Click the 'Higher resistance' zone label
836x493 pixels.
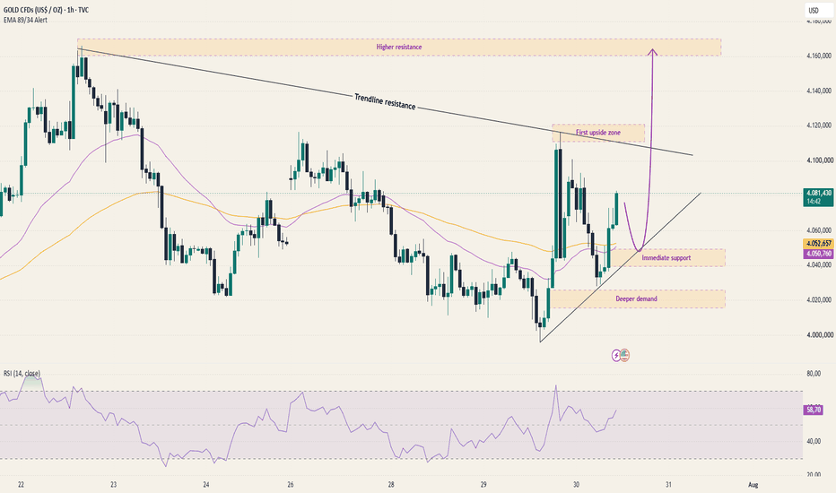tap(399, 47)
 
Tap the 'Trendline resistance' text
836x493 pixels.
tap(385, 101)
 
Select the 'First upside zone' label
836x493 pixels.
tap(597, 132)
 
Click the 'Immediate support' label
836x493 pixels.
tap(666, 258)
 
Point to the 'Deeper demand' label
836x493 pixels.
tap(636, 299)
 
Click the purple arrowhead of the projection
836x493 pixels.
tap(652, 52)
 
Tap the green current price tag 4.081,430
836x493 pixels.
tap(819, 196)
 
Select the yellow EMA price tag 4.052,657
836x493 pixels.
tap(818, 244)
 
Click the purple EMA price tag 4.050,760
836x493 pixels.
tap(818, 254)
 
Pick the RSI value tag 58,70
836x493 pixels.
tap(814, 410)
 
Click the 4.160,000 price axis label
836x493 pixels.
tap(819, 56)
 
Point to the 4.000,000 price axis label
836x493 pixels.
tap(819, 335)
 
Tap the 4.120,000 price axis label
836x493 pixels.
tap(819, 125)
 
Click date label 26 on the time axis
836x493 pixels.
tap(290, 485)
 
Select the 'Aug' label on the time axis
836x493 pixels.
tap(753, 485)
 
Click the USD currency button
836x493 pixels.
tap(813, 10)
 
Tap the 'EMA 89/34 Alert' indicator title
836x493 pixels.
tap(25, 21)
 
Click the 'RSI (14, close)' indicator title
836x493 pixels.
tap(22, 374)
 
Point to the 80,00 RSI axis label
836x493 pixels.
tap(814, 374)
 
